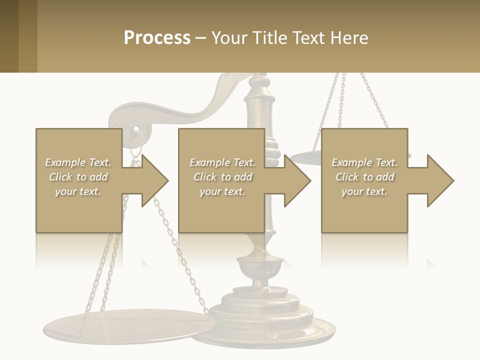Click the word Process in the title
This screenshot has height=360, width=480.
coord(157,38)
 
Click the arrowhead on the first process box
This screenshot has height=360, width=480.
coord(153,180)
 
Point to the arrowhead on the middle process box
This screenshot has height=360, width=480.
coord(296,180)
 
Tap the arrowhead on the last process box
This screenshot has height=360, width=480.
coord(439,180)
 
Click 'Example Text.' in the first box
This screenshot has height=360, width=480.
coord(78,162)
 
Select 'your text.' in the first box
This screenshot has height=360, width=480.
coord(78,191)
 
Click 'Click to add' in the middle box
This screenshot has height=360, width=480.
coord(222,177)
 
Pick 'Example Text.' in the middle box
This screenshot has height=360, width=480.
coord(222,162)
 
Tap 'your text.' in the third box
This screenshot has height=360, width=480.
coord(364,191)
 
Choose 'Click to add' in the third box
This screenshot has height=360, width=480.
coord(364,177)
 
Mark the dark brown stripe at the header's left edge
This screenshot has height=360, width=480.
coord(9,36)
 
